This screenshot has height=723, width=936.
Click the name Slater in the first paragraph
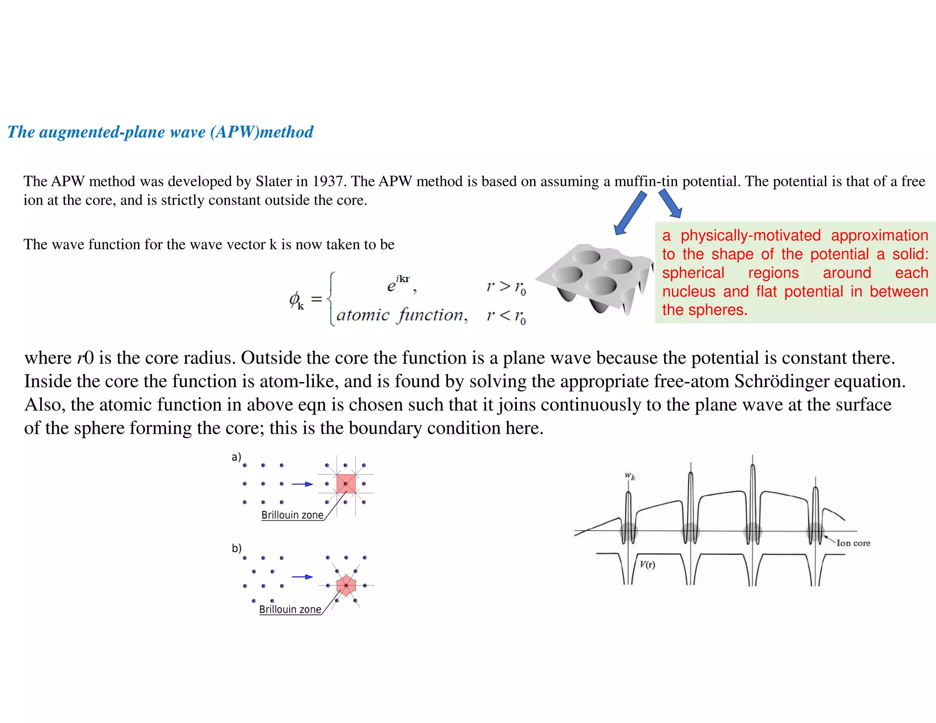pyautogui.click(x=273, y=181)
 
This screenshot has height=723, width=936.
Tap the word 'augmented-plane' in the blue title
pyautogui.click(x=122, y=132)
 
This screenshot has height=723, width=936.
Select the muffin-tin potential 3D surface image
pyautogui.click(x=594, y=279)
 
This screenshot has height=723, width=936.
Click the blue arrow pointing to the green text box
pyautogui.click(x=670, y=204)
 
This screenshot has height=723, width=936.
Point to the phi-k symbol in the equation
pyautogui.click(x=296, y=300)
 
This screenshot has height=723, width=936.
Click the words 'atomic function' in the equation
pyautogui.click(x=401, y=315)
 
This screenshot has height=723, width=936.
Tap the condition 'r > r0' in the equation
pyautogui.click(x=506, y=287)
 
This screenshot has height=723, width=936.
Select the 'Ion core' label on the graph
pyautogui.click(x=853, y=543)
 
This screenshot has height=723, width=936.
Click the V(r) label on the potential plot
pyautogui.click(x=647, y=564)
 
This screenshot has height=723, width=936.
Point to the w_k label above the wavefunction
pyautogui.click(x=630, y=476)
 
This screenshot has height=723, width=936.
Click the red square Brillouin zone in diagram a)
pyautogui.click(x=346, y=484)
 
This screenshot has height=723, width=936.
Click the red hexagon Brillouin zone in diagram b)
pyautogui.click(x=346, y=585)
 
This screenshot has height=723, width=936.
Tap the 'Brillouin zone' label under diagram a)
pyautogui.click(x=292, y=515)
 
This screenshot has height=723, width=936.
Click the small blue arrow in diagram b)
pyautogui.click(x=302, y=577)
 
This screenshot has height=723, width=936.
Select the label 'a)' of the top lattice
pyautogui.click(x=236, y=457)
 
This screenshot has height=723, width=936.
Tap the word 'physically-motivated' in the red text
pyautogui.click(x=750, y=235)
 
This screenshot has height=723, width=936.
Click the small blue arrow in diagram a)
pyautogui.click(x=302, y=484)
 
